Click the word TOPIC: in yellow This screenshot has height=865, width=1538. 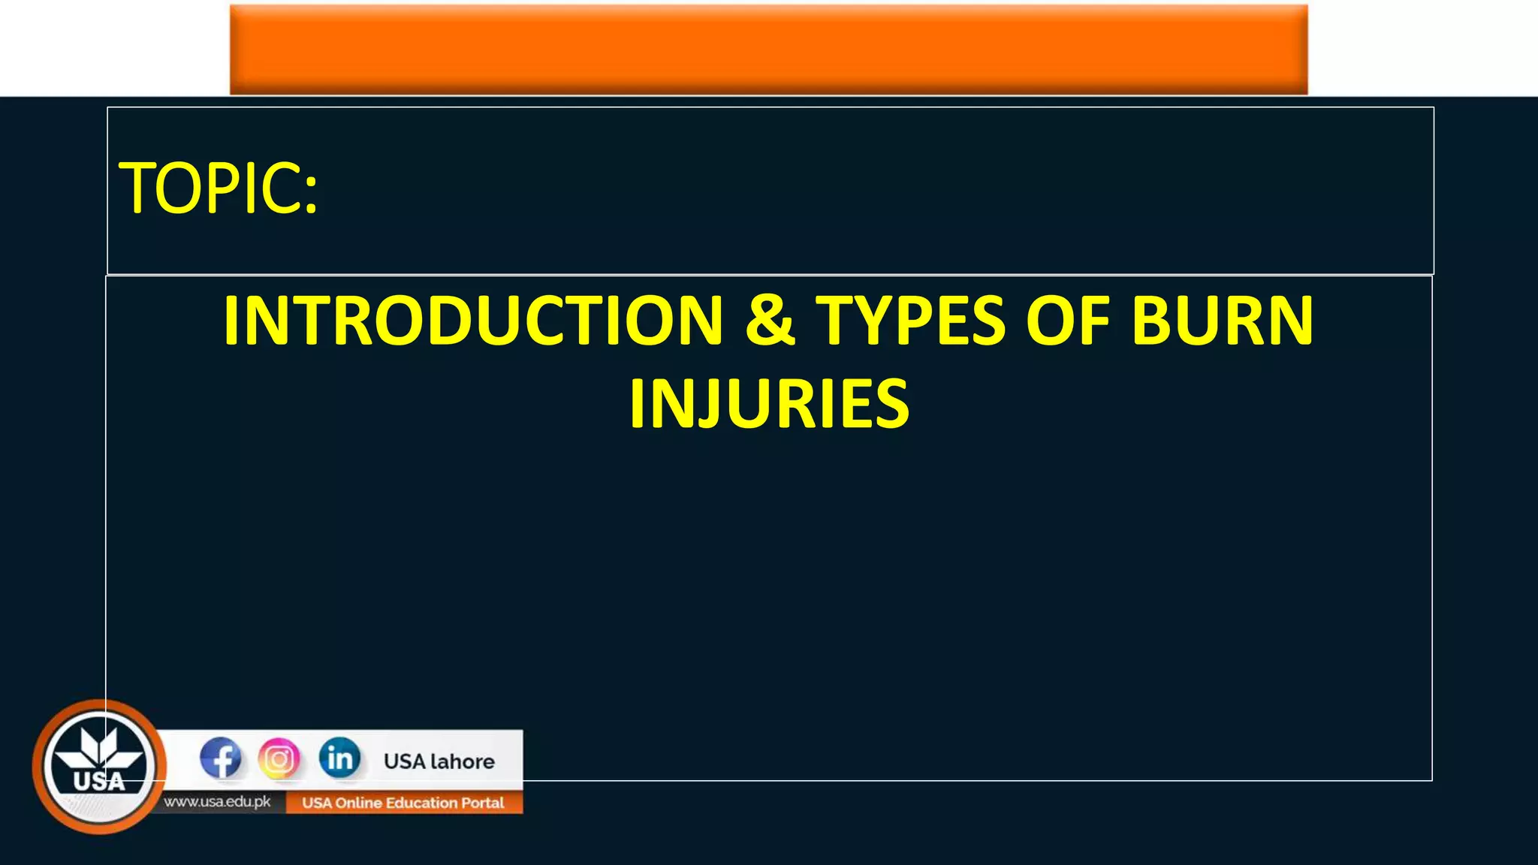point(219,188)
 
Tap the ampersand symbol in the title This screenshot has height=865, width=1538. point(770,321)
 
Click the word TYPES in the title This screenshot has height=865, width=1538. point(910,321)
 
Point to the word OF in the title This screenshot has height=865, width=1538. point(1067,321)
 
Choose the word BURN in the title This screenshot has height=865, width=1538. point(1223,321)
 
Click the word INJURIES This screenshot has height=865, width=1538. point(769,405)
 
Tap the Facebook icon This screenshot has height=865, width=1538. point(221,758)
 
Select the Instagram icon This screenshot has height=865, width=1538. point(279,758)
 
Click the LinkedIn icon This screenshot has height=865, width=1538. point(339,758)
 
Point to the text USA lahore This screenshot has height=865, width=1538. point(439,761)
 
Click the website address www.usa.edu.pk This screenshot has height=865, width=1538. point(218,802)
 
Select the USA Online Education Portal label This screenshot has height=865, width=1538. point(403,803)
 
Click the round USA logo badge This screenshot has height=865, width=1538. point(99,767)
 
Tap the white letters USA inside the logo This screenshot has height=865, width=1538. point(99,782)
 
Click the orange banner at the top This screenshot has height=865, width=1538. point(768,48)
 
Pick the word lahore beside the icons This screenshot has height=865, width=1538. point(463,761)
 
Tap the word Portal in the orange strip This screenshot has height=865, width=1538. point(484,803)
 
